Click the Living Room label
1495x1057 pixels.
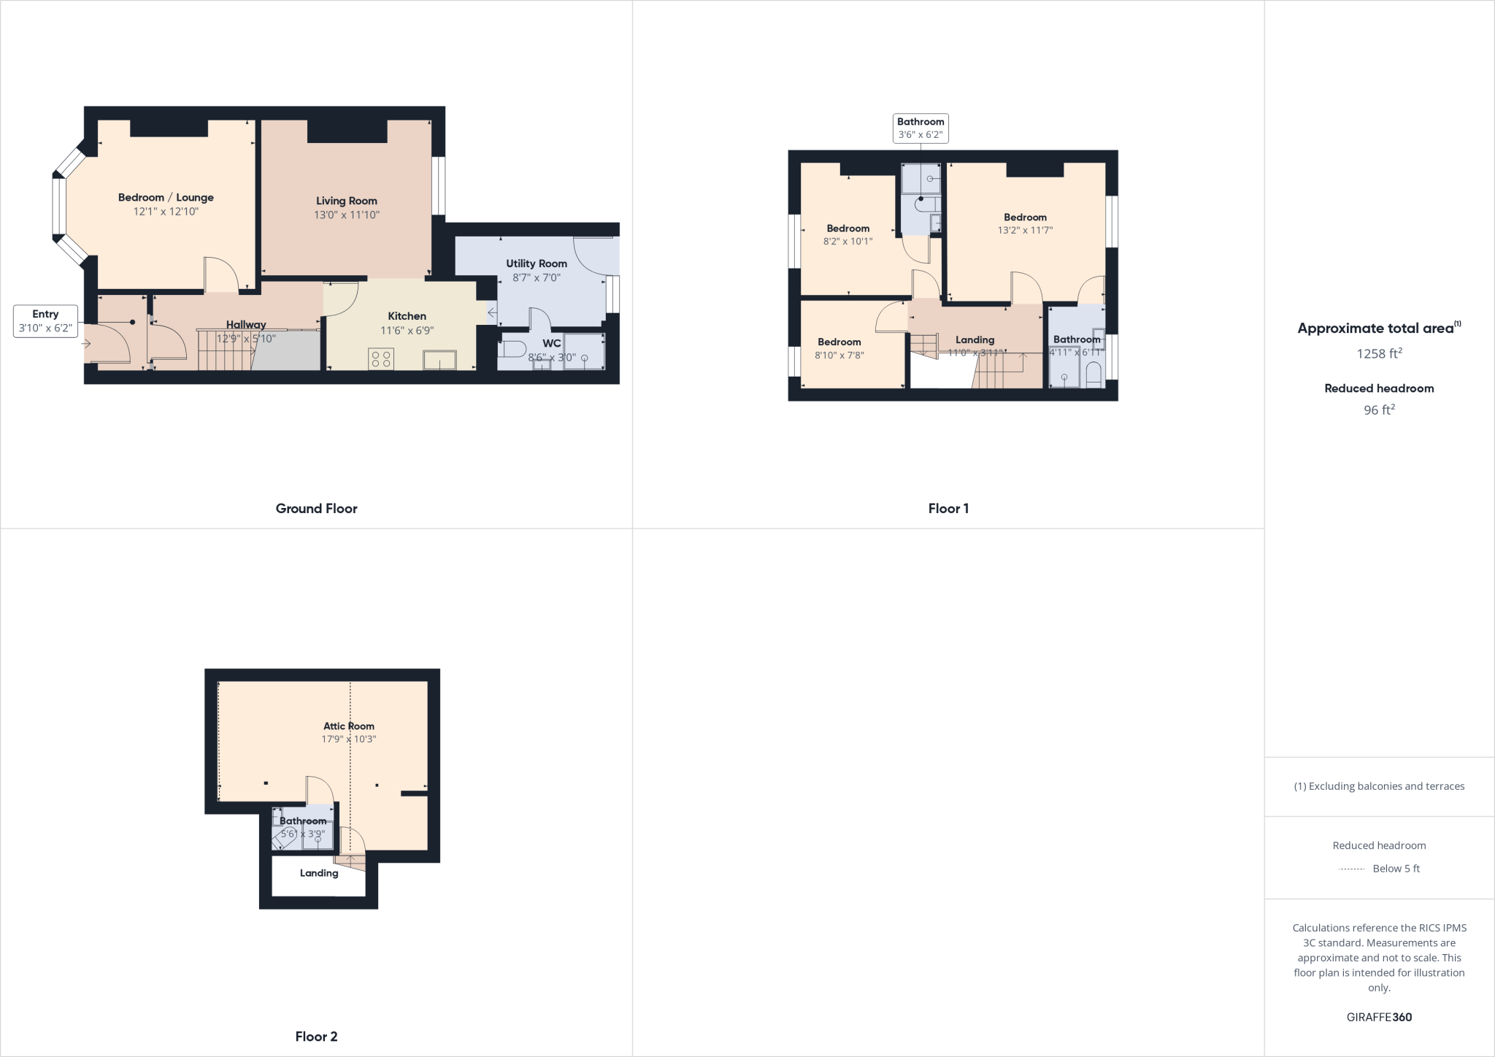(346, 201)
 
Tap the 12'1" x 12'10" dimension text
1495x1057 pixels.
(166, 212)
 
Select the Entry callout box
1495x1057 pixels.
(45, 321)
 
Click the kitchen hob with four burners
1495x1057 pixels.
(381, 358)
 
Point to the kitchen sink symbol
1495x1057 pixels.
(439, 360)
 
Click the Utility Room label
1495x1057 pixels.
(537, 264)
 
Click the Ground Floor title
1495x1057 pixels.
(316, 509)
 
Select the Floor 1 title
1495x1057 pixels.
(948, 509)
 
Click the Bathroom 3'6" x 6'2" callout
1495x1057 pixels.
(921, 128)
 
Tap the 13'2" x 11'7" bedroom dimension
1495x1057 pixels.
(1025, 230)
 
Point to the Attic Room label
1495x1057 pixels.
(349, 726)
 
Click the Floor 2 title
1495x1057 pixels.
(316, 1037)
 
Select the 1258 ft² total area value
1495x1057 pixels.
(1379, 354)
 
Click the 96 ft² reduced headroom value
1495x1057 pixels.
(1379, 410)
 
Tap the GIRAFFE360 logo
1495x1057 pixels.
(1379, 1017)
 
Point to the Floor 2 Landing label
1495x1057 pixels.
(319, 873)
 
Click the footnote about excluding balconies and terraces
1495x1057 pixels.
(1379, 786)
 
